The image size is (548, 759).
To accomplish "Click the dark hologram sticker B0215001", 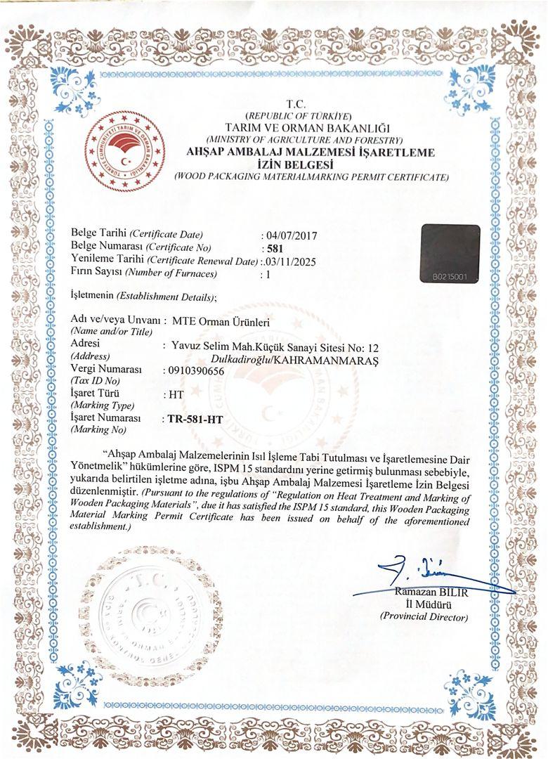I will point(450,254).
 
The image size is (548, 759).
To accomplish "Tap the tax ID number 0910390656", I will point(194,370).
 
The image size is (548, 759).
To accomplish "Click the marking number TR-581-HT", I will point(195,420).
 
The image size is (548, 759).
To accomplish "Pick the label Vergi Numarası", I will point(107,370).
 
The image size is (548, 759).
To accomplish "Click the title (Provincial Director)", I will point(424,616).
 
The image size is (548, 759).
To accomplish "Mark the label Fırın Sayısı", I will point(98,273).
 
